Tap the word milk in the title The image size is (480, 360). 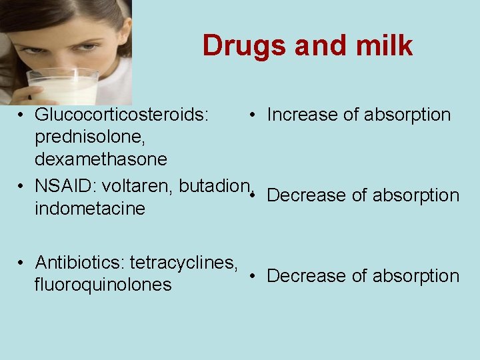pos(384,46)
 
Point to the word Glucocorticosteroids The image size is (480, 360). pos(122,115)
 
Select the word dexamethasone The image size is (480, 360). pos(101,160)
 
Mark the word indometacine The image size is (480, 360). pos(89,209)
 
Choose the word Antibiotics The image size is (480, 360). pos(80,261)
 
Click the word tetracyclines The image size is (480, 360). pos(184,261)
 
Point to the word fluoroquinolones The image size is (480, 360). pos(103,285)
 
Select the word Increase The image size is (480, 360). pos(302,115)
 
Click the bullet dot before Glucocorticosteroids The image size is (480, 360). pos(22,115)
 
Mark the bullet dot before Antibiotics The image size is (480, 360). pos(22,261)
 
